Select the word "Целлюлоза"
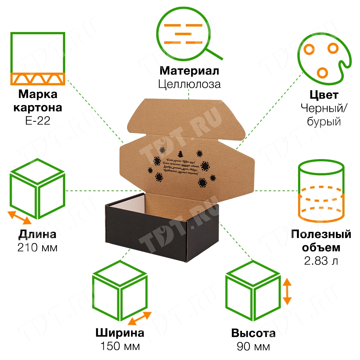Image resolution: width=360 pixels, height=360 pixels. [x=189, y=84]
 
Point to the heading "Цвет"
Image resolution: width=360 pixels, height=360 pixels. [x=324, y=95]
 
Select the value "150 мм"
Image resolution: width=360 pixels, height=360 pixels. [x=120, y=346]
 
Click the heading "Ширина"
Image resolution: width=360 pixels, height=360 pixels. [x=120, y=333]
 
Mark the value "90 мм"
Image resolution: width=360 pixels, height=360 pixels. [x=253, y=346]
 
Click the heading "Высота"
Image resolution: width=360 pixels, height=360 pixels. [x=253, y=333]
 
